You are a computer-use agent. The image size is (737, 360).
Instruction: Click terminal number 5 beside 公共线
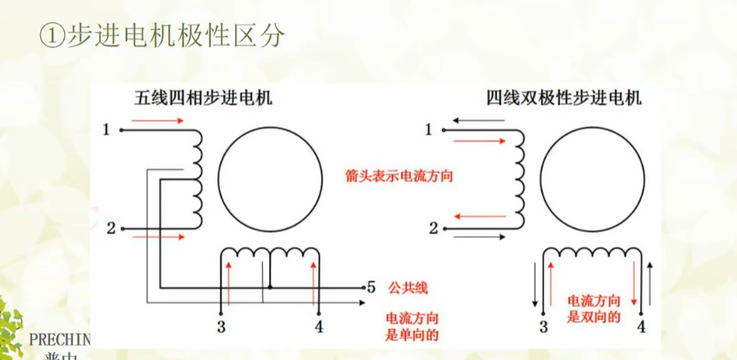(x=371, y=288)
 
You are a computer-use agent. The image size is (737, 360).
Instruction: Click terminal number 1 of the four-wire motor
(x=428, y=129)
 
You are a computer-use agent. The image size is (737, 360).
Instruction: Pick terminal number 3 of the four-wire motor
(x=542, y=327)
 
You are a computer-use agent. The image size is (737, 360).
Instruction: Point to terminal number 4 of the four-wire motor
(x=642, y=327)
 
